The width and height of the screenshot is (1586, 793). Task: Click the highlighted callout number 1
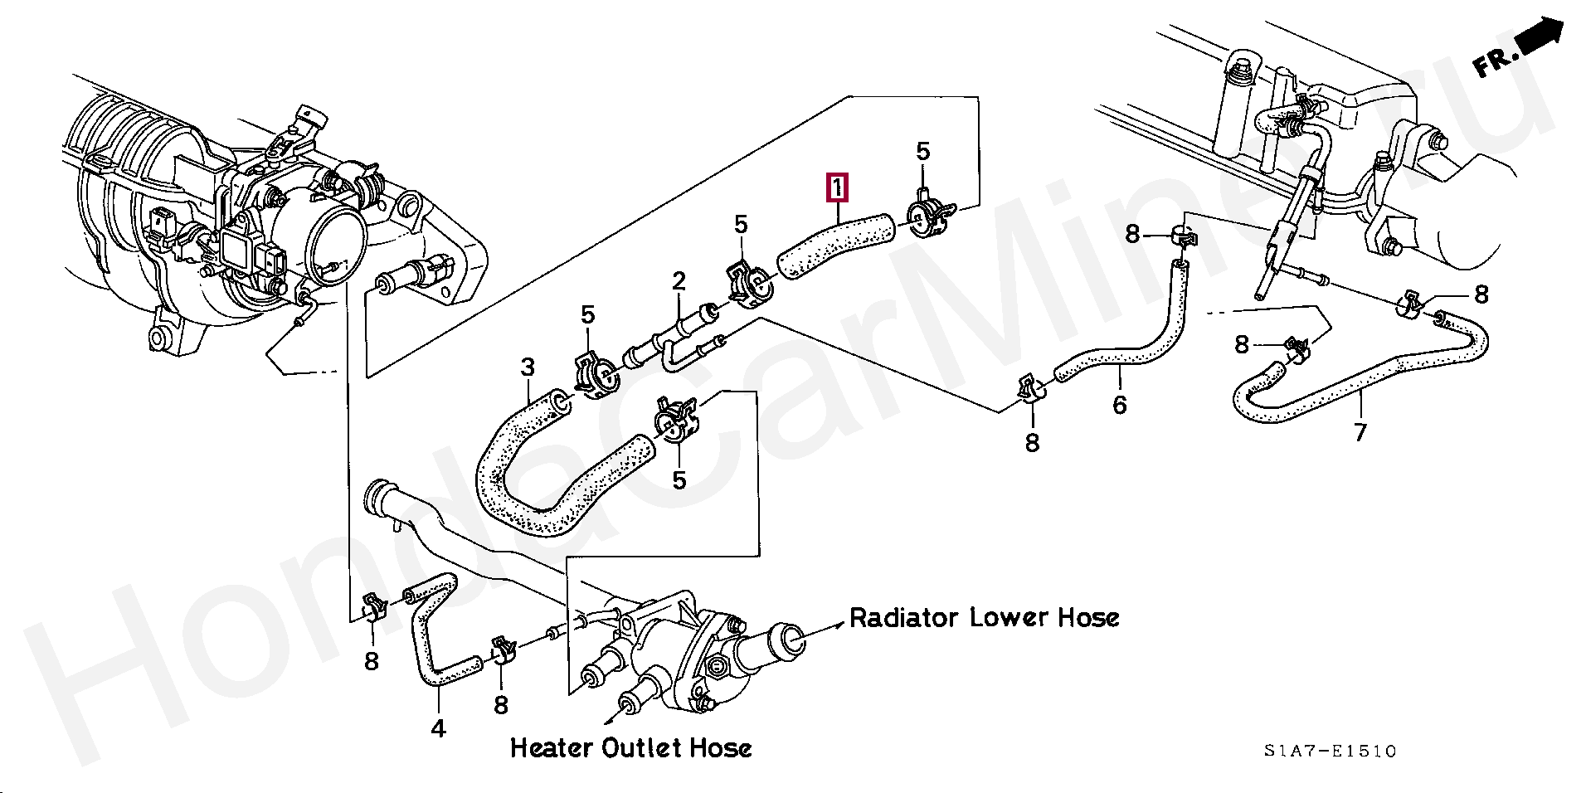838,188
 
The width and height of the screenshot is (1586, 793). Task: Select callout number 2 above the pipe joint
679,281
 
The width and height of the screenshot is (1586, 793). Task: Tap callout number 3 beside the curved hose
528,367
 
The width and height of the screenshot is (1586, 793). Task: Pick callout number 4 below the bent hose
439,728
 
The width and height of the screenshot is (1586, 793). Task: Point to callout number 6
1120,405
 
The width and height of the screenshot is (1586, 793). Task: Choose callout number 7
1360,432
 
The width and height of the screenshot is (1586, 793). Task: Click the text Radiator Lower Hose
985,618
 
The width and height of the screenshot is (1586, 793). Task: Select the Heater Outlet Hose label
630,748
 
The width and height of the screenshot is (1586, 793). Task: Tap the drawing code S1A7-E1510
1331,752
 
